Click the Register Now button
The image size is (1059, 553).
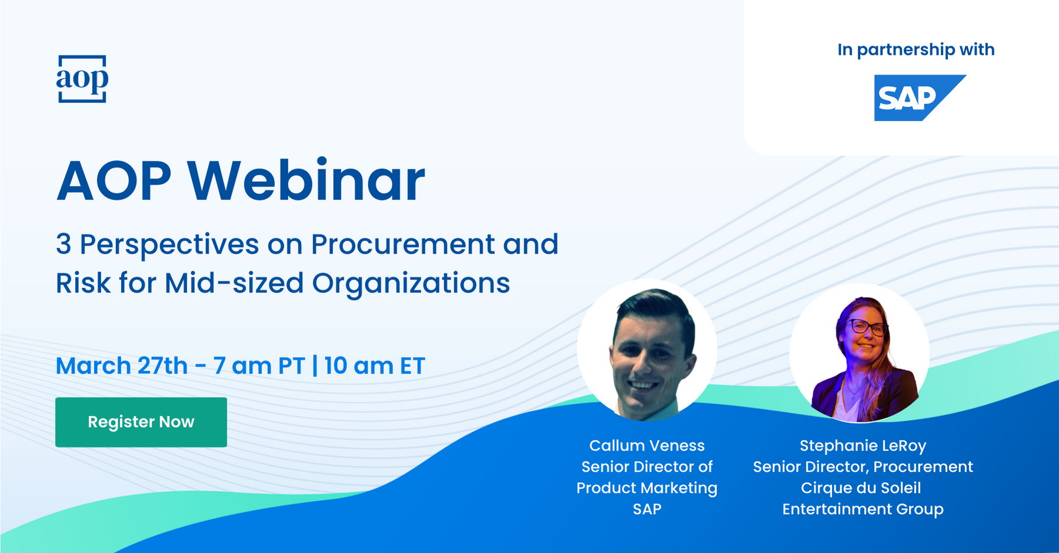[141, 422]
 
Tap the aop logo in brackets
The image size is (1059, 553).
[82, 79]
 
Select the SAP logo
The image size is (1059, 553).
[920, 98]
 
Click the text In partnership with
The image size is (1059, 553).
[916, 49]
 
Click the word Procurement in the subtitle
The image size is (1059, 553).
[402, 244]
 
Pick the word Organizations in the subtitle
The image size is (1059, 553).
[411, 284]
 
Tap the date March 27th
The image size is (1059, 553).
[122, 366]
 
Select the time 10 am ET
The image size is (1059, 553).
[374, 366]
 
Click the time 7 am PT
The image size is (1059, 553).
[259, 366]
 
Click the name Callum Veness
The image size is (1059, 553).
[647, 445]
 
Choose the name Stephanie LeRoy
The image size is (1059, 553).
[863, 446]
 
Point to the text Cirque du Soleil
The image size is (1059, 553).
[861, 488]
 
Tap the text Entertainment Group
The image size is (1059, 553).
[863, 509]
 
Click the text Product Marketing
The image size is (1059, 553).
[647, 488]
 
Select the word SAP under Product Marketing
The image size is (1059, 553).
[647, 509]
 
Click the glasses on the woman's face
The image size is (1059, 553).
[867, 327]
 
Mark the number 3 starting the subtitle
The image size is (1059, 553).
[64, 244]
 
